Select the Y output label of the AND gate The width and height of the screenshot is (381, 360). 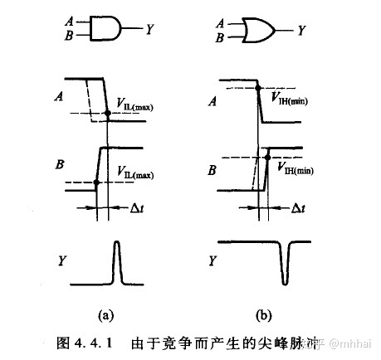[149, 30]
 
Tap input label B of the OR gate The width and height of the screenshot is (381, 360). [220, 37]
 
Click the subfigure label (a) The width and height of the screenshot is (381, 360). [106, 314]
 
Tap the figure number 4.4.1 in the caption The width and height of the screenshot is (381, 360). [83, 342]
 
